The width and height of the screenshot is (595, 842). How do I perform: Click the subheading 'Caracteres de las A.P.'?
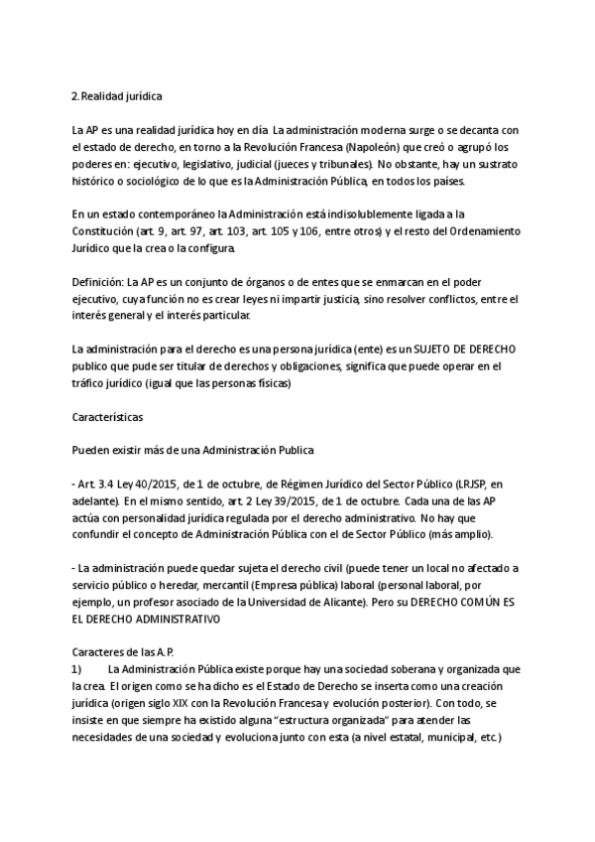124,654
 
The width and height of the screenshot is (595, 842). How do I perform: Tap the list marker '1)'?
76,671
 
